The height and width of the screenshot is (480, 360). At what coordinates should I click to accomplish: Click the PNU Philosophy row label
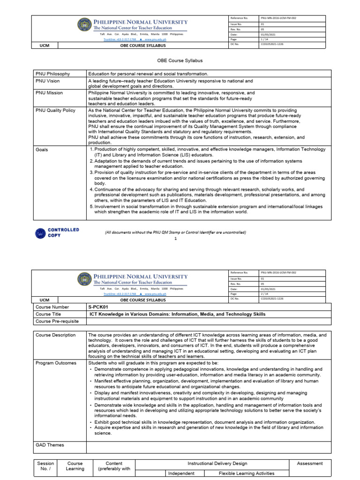(x=52, y=74)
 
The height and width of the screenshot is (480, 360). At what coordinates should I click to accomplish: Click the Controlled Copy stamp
(x=57, y=232)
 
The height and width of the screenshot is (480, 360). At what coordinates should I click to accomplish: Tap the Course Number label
(x=52, y=307)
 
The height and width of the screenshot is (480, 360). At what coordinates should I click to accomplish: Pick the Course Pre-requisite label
(x=57, y=321)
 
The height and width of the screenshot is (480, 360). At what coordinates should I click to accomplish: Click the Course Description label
(x=55, y=335)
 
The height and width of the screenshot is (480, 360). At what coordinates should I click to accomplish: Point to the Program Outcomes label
(x=56, y=363)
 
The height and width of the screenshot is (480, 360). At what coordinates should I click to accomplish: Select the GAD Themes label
(x=50, y=445)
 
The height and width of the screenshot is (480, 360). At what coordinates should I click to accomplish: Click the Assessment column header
(x=310, y=464)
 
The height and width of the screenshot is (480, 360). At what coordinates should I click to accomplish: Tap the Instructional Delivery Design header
(x=217, y=464)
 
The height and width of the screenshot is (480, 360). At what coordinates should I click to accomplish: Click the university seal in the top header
(x=84, y=25)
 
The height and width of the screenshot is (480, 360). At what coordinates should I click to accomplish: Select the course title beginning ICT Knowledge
(x=177, y=314)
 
